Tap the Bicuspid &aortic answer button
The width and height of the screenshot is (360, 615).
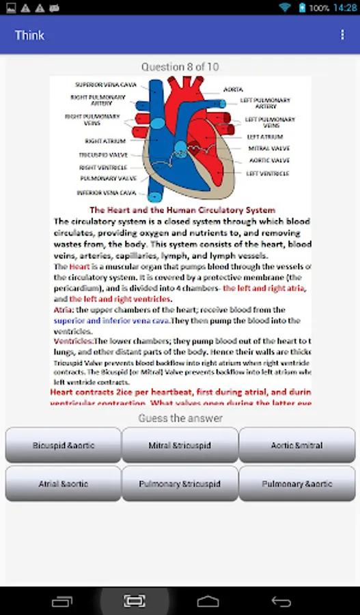[x=64, y=446]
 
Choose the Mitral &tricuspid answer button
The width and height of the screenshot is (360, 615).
[x=180, y=446]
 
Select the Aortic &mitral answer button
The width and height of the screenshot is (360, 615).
[x=297, y=446]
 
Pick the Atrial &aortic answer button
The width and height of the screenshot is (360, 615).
[x=64, y=484]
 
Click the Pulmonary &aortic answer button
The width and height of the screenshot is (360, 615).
[x=297, y=484]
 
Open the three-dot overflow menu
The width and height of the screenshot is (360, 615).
[x=342, y=35]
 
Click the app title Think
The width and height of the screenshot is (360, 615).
[x=29, y=35]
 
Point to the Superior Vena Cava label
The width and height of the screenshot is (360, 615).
[x=106, y=85]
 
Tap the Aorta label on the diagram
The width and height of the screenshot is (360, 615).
[x=232, y=90]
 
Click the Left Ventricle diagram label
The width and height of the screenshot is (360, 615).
[x=267, y=174]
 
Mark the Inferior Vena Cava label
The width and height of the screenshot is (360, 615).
[x=106, y=193]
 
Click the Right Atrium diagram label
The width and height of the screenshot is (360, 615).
[x=105, y=141]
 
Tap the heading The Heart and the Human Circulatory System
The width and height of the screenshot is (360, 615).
[x=182, y=210]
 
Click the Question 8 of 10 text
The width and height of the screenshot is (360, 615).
[x=180, y=67]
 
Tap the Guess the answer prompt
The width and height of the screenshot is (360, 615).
[x=180, y=418]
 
